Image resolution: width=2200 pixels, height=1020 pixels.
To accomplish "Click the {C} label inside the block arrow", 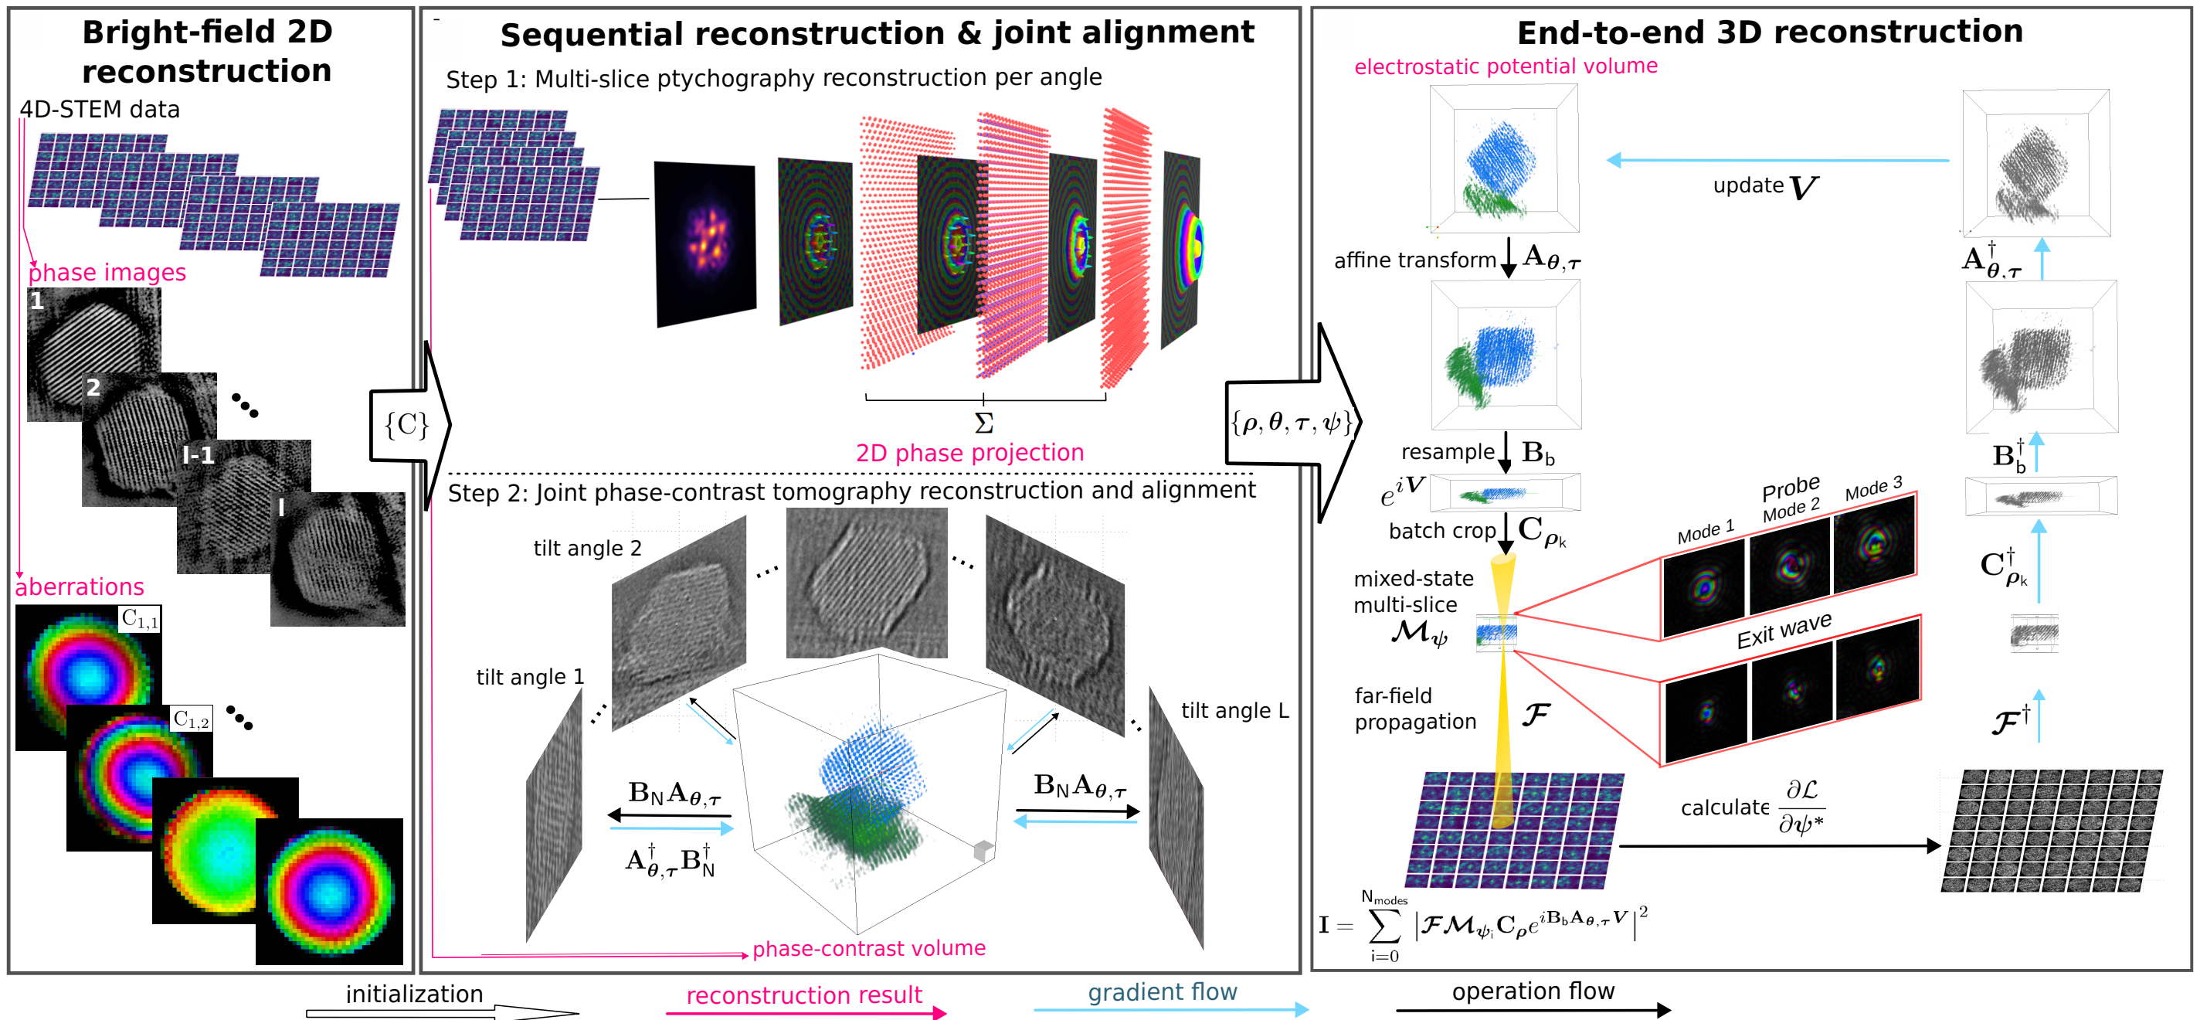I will (x=406, y=424).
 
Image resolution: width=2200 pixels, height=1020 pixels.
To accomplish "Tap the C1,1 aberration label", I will (x=140, y=618).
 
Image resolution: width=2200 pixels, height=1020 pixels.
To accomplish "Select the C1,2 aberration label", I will (x=192, y=719).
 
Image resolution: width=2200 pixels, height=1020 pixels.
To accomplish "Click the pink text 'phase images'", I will (x=107, y=273).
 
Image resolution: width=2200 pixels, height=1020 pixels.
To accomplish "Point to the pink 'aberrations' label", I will (x=80, y=586).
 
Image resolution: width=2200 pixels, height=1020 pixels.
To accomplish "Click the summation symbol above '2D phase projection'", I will (x=984, y=423).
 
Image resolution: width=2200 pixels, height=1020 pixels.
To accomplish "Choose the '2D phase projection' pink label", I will (x=969, y=453).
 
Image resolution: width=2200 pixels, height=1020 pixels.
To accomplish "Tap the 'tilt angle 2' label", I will (x=587, y=549).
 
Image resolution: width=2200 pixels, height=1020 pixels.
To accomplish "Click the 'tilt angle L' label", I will (x=1234, y=711).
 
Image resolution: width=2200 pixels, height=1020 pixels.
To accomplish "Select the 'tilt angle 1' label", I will (x=529, y=678).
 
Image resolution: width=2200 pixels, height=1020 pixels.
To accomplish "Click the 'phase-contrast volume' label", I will (x=868, y=948).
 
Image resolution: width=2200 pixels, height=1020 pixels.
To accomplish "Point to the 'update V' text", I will (x=1764, y=187).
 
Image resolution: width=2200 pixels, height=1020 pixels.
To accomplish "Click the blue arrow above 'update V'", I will (x=1777, y=160).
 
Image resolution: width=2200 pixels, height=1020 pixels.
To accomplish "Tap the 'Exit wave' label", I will (x=1784, y=631).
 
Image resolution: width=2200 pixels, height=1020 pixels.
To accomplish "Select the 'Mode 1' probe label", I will (x=1705, y=532).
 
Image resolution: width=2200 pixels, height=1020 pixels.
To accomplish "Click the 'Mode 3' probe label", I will (x=1874, y=488).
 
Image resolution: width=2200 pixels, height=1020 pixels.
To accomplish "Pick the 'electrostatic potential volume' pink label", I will (x=1505, y=66).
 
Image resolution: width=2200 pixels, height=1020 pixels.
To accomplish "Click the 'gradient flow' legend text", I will (x=1162, y=992).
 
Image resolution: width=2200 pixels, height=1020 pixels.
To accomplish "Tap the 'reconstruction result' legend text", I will (x=803, y=995).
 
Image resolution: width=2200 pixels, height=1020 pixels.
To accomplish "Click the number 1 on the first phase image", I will (x=37, y=301).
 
